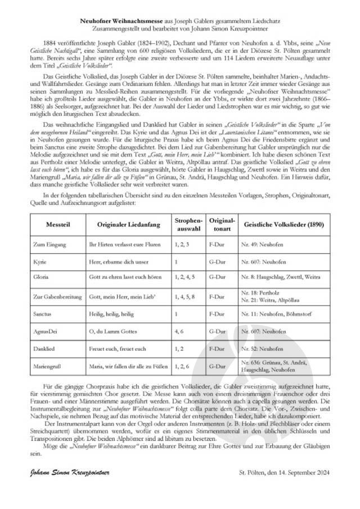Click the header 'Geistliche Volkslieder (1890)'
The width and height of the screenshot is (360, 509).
(284, 224)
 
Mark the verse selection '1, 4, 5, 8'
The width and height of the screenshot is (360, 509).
(185, 296)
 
